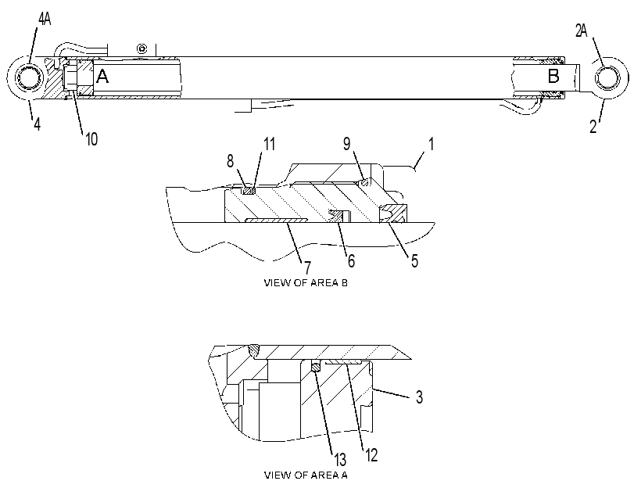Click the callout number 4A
(45, 19)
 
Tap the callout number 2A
(581, 30)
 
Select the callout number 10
(91, 138)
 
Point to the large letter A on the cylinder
(102, 76)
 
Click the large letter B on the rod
(553, 76)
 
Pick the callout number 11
(269, 144)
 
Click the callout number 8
(230, 161)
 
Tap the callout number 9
(347, 144)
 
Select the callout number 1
(431, 144)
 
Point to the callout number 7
(308, 267)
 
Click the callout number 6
(351, 261)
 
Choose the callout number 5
(414, 261)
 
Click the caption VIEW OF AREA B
(306, 283)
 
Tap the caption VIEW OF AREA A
(306, 475)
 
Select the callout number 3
(419, 397)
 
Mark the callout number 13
(340, 460)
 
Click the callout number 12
(371, 455)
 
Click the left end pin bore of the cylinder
(27, 77)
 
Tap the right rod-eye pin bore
(607, 77)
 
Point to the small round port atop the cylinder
(141, 48)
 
